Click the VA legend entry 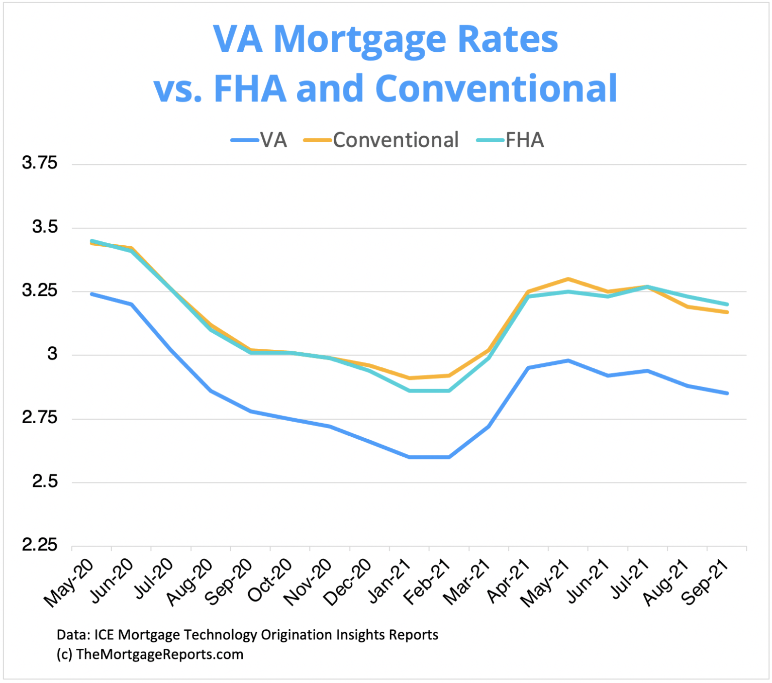click(x=260, y=140)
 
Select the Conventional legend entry click(x=382, y=140)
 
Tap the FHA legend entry click(x=511, y=140)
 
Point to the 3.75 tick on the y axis click(x=40, y=163)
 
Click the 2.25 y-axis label click(x=40, y=545)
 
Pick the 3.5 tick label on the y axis click(x=45, y=227)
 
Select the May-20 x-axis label click(x=69, y=582)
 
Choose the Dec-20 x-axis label click(x=347, y=582)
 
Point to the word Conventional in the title click(x=496, y=88)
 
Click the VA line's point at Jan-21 click(x=409, y=457)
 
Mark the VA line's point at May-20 click(x=91, y=294)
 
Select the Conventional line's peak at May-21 click(x=568, y=279)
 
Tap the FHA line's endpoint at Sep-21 click(x=727, y=304)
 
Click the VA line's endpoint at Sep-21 click(x=727, y=393)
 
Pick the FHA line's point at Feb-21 click(x=449, y=391)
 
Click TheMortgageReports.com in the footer click(x=160, y=654)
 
